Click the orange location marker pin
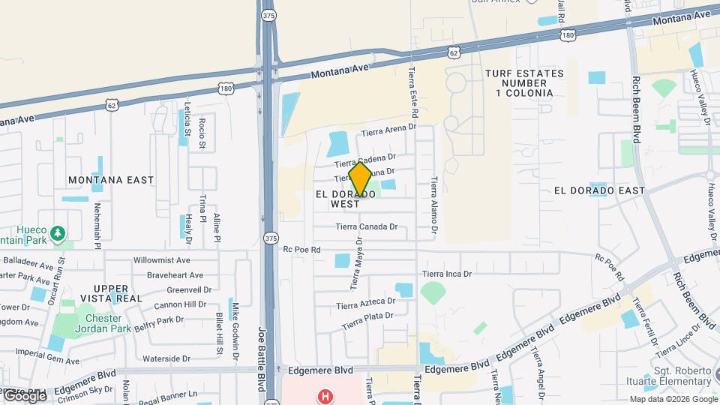point(361,179)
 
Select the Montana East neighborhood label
point(111,180)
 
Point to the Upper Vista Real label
point(117,293)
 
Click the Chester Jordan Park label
point(103,323)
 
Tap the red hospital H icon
point(325,395)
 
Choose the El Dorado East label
point(599,190)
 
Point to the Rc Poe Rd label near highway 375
point(301,250)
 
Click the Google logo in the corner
point(25,395)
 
